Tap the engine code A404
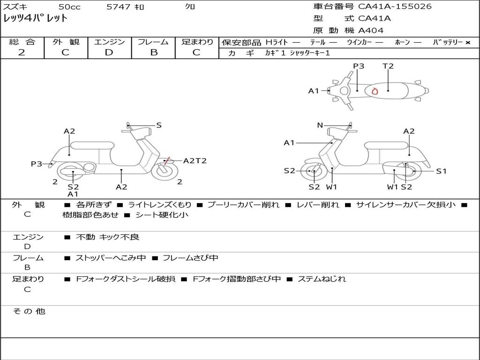point(371,30)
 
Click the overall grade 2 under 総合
point(22,52)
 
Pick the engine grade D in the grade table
point(109,52)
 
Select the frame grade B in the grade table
point(154,52)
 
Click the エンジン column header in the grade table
point(110,42)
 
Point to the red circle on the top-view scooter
point(375,91)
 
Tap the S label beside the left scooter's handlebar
point(159,125)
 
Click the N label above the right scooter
point(320,125)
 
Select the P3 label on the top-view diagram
point(359,66)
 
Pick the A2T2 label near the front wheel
point(195,161)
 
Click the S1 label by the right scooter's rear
point(441,171)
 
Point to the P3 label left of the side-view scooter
point(37,164)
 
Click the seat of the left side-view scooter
point(92,145)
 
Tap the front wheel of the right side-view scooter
point(314,172)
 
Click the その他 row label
point(29,311)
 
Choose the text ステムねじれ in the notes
point(322,279)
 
